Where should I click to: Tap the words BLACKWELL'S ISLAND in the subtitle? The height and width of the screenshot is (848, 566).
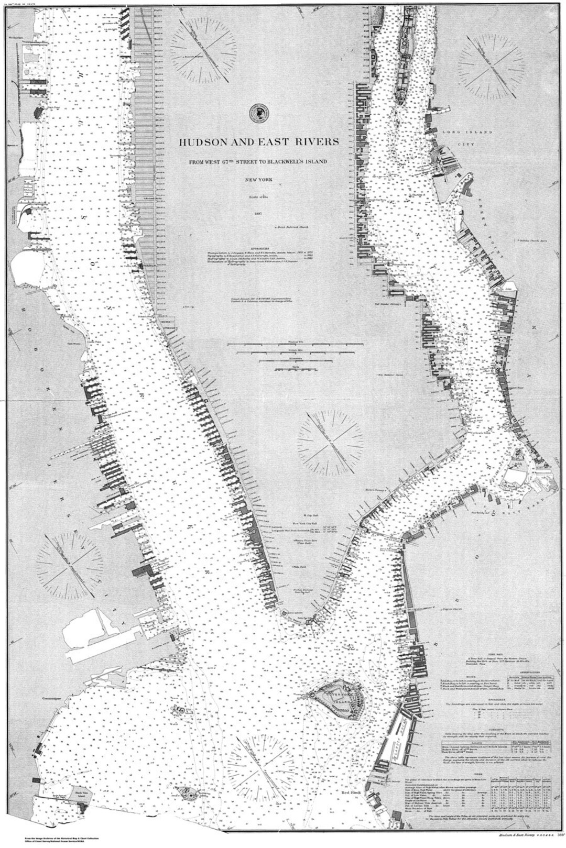[x=298, y=161]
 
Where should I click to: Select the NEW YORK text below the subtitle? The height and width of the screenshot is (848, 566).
[x=258, y=181]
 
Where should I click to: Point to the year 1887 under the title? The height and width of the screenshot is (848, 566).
[x=258, y=214]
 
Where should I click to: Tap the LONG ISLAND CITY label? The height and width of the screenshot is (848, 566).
[x=459, y=138]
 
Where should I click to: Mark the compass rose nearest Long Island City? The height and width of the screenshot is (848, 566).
[x=490, y=68]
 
